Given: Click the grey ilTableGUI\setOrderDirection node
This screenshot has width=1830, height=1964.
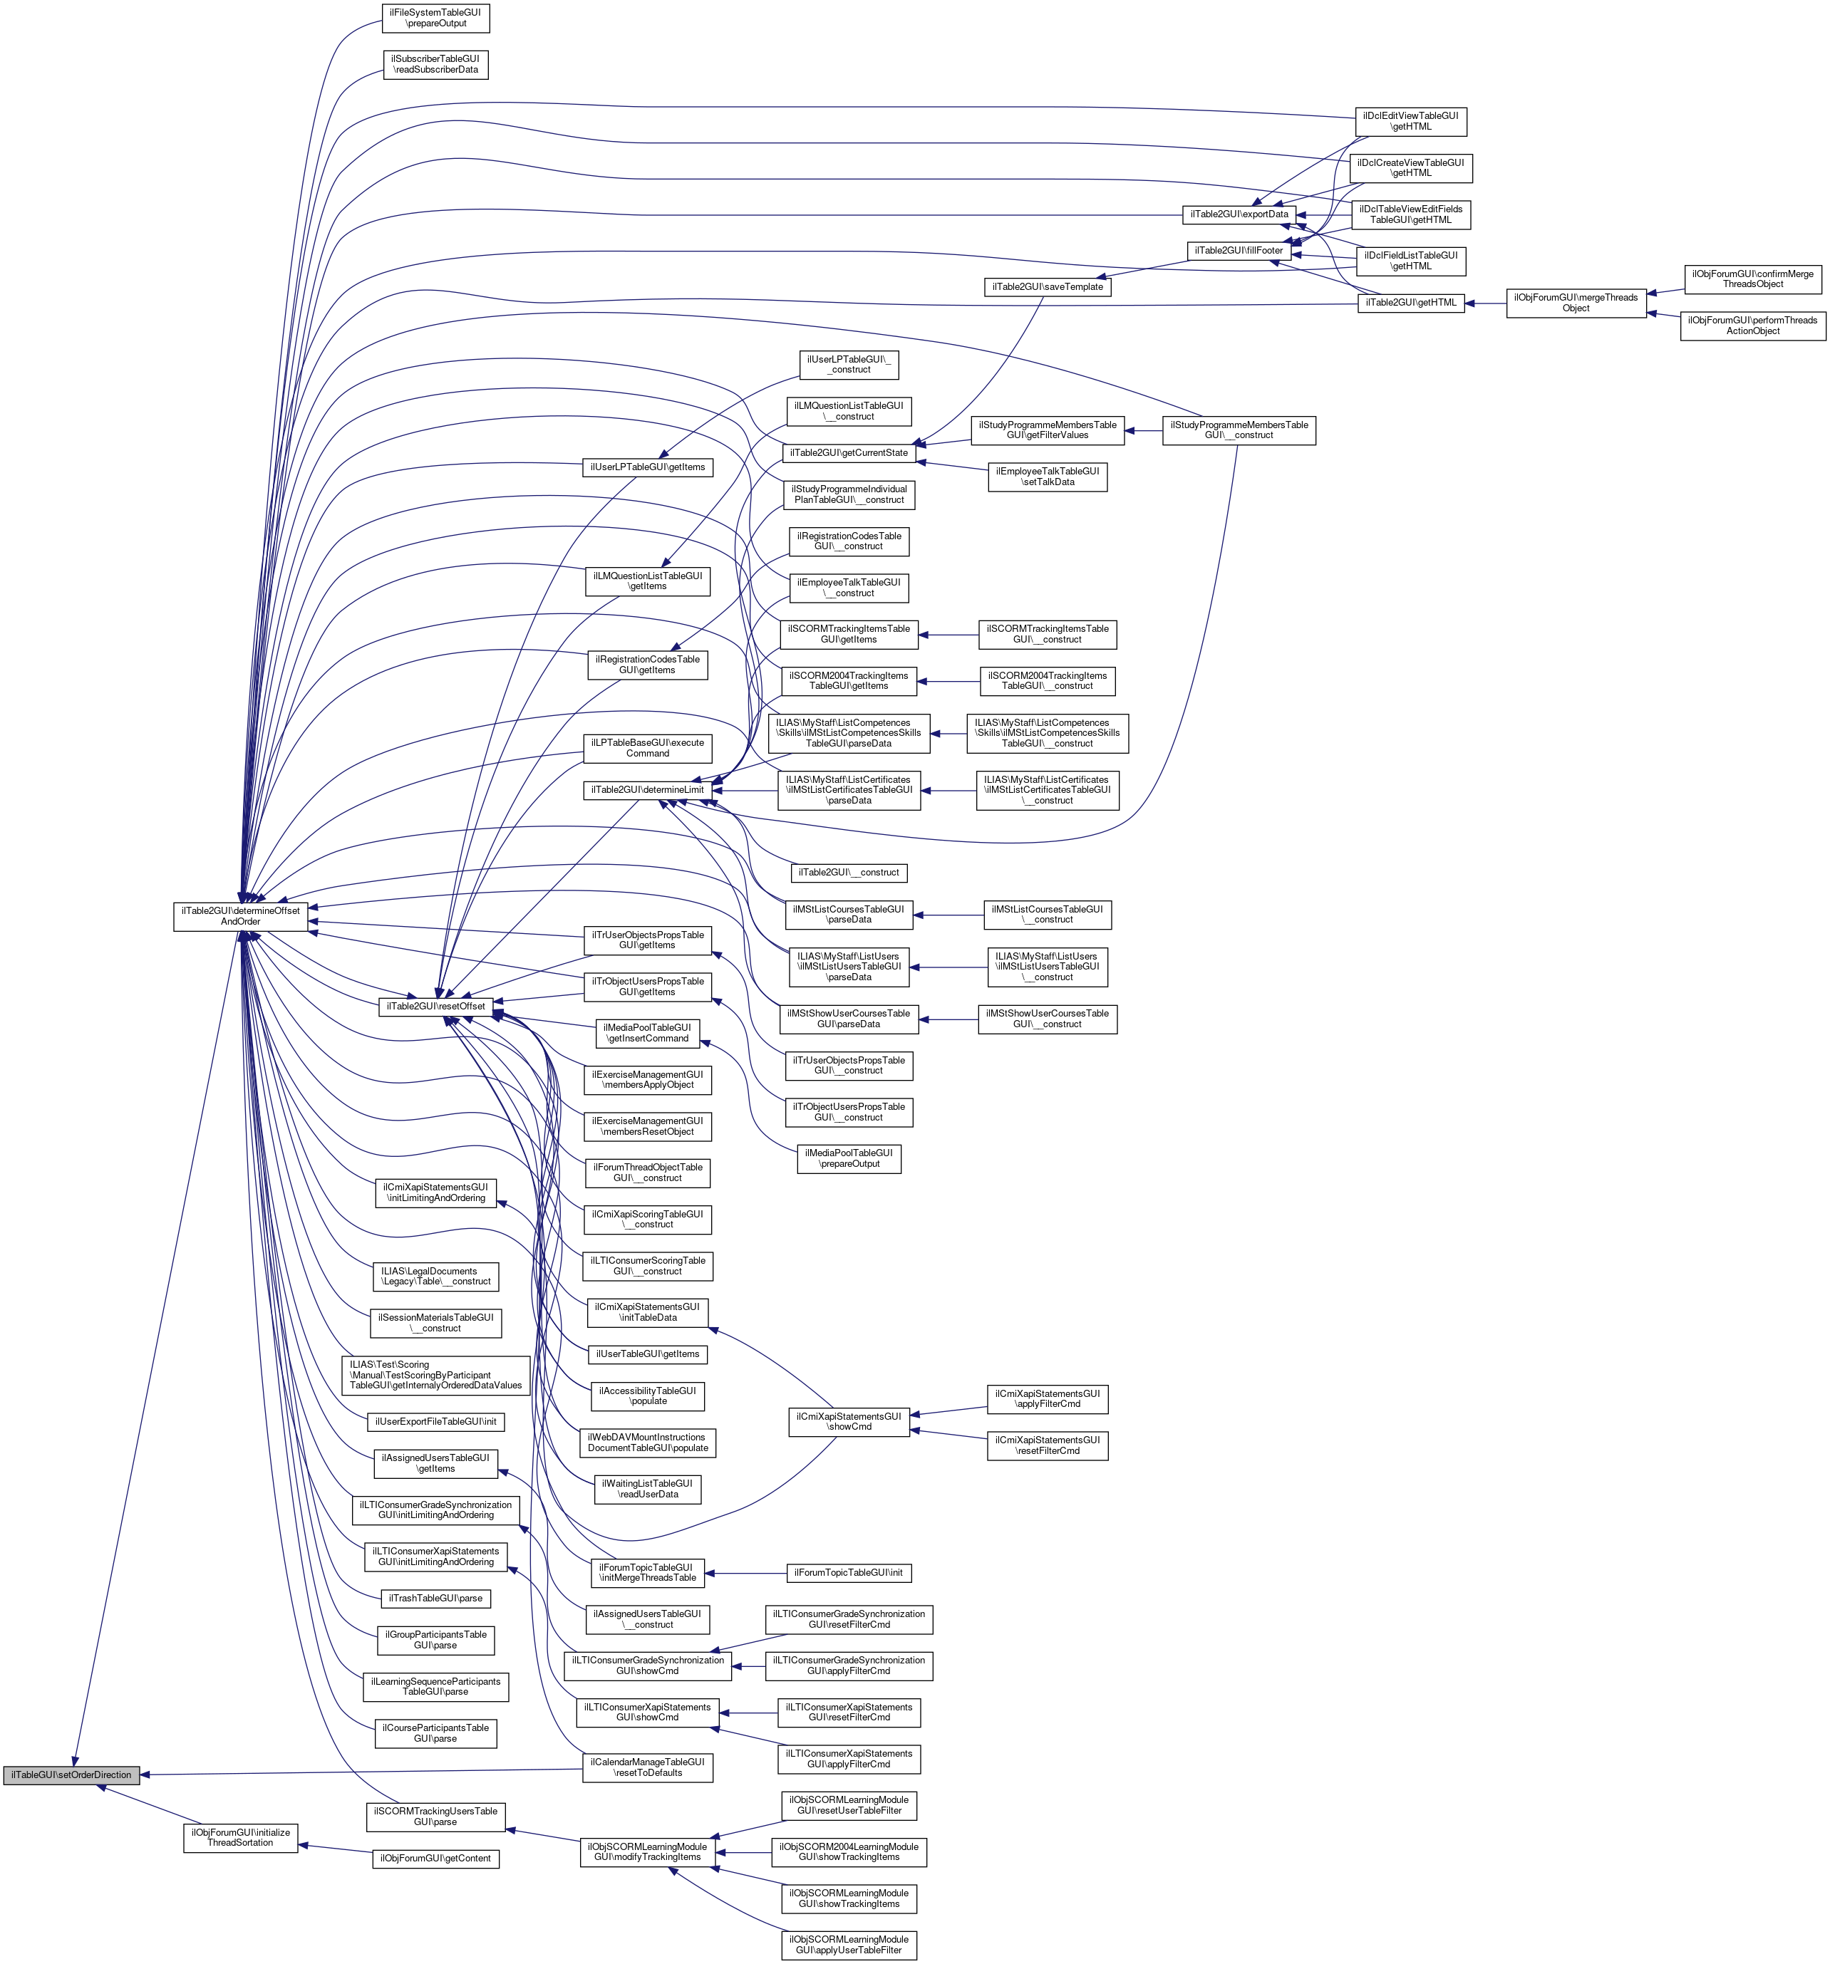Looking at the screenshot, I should pos(71,1775).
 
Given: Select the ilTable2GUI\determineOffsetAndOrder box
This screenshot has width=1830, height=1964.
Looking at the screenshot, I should pos(240,916).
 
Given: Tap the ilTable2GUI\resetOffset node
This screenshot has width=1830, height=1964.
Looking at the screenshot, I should pos(435,1007).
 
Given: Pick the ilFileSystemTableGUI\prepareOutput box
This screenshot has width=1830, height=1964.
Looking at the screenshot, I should pos(435,18).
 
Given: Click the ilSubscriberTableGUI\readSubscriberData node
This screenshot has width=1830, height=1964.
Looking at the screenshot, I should pos(435,64).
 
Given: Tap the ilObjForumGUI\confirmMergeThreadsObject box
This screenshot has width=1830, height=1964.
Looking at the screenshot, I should pos(1752,279).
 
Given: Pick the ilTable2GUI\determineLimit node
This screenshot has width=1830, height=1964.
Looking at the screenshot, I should pos(646,790).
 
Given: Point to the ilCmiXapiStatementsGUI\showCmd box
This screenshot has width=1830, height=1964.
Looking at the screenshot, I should pos(849,1422).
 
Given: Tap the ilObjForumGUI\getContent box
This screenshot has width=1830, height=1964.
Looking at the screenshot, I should pos(435,1859).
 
